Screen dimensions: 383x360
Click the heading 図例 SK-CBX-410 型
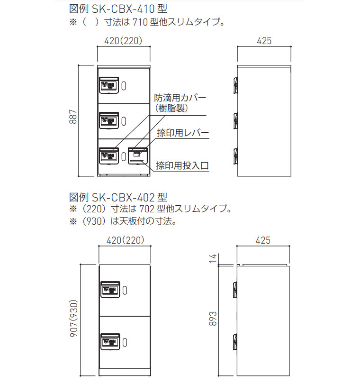click(118, 9)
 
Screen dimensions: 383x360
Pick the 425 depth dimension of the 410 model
click(264, 41)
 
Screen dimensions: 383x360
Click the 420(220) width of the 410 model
click(123, 41)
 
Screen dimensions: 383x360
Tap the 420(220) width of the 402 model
click(125, 240)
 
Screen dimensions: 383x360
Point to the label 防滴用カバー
click(180, 98)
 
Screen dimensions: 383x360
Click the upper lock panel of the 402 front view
click(110, 289)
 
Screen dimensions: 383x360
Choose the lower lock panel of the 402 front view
click(110, 340)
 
